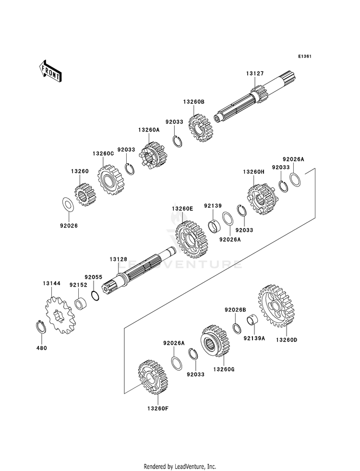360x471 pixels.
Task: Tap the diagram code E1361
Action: [305, 57]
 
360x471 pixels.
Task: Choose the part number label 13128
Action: [118, 260]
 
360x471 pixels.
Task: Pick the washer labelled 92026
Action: [68, 204]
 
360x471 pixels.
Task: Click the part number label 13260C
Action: [103, 154]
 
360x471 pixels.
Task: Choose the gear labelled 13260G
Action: [216, 340]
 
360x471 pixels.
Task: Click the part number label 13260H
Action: [253, 171]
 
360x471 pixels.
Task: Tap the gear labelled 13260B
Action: [201, 127]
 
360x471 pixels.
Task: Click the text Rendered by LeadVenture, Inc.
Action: [180, 466]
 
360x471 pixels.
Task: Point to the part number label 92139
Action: [212, 206]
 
